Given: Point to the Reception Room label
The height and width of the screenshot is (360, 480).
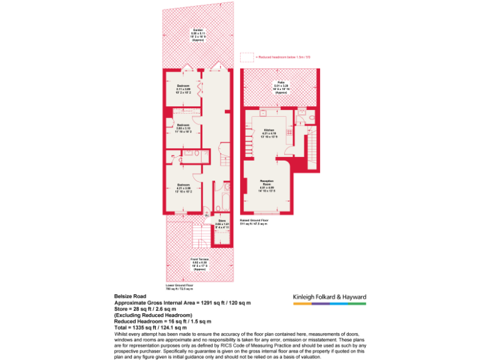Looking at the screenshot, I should [267, 185].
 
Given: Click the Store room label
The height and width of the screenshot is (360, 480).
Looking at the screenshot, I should [222, 223].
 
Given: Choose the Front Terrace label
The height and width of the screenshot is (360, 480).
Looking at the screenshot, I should [199, 263].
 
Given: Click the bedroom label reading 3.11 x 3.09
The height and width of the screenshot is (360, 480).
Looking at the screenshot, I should [183, 88].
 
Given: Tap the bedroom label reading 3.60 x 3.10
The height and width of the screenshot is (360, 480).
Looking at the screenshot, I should [183, 127].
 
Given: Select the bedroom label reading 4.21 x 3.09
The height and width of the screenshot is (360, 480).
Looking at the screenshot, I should [183, 187].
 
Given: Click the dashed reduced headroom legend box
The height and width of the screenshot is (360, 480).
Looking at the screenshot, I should [247, 57].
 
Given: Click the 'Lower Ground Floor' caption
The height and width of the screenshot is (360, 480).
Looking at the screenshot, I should [179, 287].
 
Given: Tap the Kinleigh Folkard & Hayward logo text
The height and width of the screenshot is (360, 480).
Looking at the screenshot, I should [329, 297].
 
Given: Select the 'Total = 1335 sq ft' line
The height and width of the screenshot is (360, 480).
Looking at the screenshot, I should [151, 327].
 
